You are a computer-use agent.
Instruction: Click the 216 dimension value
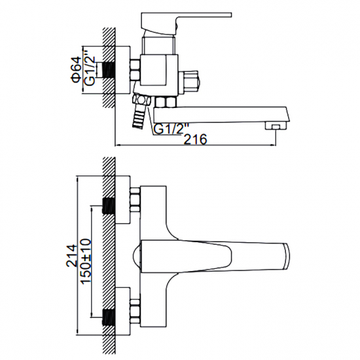click(x=196, y=139)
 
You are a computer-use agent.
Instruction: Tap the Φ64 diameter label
click(x=76, y=69)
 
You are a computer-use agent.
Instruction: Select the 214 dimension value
click(x=71, y=255)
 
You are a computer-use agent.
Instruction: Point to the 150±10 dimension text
click(x=86, y=261)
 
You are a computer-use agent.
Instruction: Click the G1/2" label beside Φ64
click(x=90, y=67)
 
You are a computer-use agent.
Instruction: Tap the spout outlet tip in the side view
click(x=276, y=126)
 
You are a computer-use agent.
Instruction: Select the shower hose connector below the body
click(x=139, y=111)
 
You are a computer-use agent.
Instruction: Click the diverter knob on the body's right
click(x=190, y=82)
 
